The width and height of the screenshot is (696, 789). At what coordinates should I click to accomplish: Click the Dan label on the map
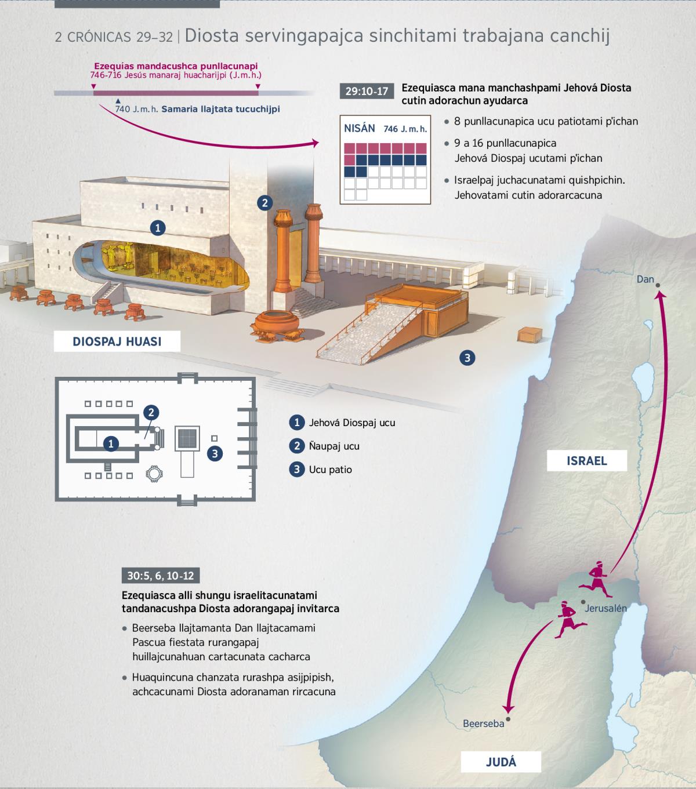tap(645, 279)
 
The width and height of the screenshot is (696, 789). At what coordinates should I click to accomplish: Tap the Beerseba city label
tap(483, 723)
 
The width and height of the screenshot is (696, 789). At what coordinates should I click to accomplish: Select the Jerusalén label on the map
tap(606, 608)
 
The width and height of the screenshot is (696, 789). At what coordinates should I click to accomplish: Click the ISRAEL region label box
tap(587, 461)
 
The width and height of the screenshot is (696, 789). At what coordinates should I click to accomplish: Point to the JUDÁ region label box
tap(501, 762)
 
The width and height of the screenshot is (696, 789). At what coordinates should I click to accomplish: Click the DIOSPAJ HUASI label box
tap(117, 341)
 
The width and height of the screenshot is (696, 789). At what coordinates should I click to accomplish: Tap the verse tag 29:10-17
tap(367, 91)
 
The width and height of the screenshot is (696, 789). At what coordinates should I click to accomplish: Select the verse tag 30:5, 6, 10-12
tap(161, 575)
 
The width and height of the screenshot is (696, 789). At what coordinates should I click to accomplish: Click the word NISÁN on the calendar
tap(359, 129)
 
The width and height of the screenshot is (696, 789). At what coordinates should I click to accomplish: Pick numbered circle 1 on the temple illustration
tap(158, 228)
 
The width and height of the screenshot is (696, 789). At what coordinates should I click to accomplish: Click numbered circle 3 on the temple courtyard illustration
tap(467, 358)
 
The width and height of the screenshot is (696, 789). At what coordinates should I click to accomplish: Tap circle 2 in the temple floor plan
tap(151, 412)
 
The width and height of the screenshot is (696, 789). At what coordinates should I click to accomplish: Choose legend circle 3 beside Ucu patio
tap(297, 469)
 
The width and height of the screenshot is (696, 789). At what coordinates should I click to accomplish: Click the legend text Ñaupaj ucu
tap(334, 446)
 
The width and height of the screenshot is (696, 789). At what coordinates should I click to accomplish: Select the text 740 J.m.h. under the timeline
tap(136, 109)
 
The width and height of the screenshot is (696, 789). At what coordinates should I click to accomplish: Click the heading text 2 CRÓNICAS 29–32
tap(114, 37)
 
